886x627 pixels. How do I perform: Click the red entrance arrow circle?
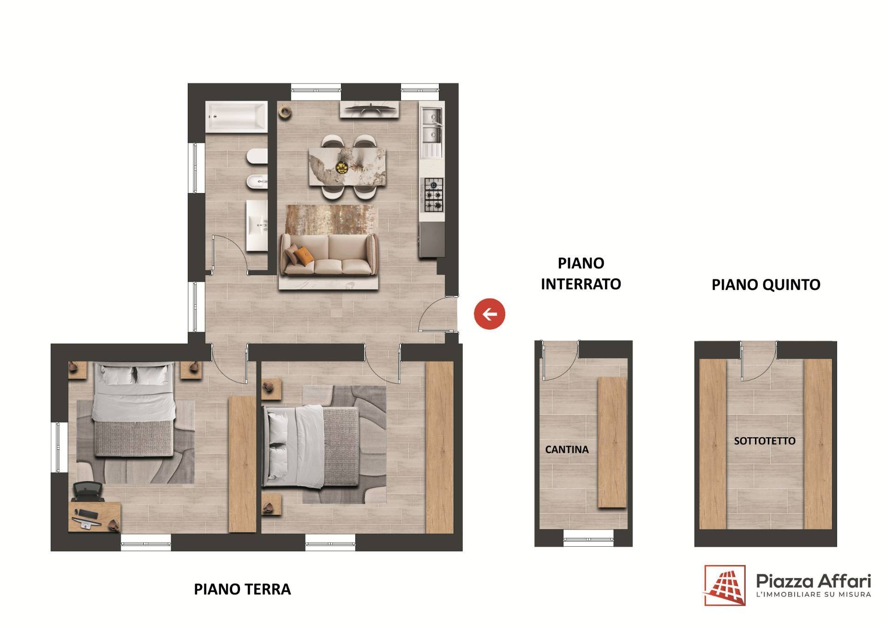[x=490, y=314]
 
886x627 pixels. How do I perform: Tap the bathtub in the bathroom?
[x=236, y=117]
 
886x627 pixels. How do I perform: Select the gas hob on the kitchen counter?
[x=432, y=194]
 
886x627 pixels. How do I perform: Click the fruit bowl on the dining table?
[x=342, y=168]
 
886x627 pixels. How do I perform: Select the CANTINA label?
[x=567, y=450]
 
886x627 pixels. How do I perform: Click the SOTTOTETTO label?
[x=765, y=441]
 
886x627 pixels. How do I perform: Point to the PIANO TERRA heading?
[x=242, y=590]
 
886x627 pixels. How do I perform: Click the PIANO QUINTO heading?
[x=766, y=284]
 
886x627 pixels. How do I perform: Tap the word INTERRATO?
[x=581, y=284]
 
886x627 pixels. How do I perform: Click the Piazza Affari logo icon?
[x=725, y=585]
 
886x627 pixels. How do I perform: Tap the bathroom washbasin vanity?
[x=257, y=225]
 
